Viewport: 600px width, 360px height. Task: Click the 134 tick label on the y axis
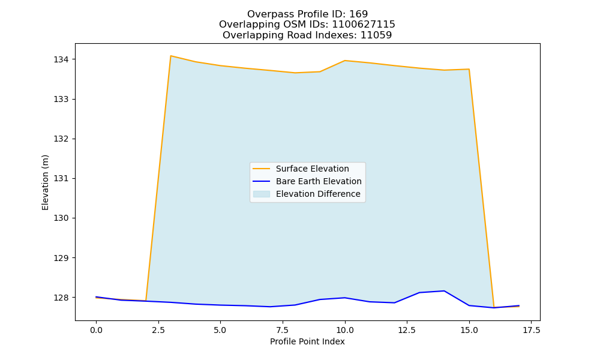[61, 59]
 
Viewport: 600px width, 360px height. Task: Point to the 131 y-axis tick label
[61, 178]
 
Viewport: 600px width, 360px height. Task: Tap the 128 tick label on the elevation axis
[61, 297]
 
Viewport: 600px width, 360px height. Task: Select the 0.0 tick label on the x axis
[96, 330]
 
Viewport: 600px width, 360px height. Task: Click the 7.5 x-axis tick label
[283, 330]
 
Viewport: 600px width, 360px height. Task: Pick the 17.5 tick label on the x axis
[531, 330]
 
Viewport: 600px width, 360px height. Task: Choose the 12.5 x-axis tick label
[407, 330]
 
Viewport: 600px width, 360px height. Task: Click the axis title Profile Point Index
[307, 341]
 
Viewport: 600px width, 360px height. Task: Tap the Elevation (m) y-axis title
[45, 182]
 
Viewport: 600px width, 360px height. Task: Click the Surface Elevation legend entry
[312, 169]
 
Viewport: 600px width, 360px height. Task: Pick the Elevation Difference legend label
[318, 194]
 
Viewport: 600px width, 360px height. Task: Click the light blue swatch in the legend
[262, 194]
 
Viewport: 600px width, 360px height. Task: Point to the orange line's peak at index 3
[170, 56]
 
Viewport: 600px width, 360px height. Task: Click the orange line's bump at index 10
[345, 61]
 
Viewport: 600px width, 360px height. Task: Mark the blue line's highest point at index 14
[444, 291]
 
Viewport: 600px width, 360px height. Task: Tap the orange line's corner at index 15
[469, 69]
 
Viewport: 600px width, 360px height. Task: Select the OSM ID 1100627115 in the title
[364, 25]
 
